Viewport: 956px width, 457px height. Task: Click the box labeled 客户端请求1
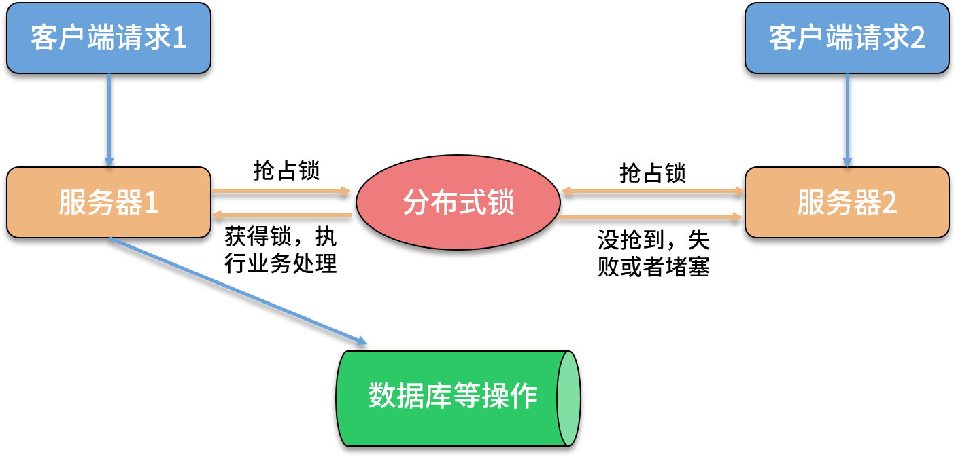tap(108, 38)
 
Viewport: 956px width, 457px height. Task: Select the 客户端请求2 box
tap(847, 38)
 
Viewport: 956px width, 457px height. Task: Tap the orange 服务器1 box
tap(108, 202)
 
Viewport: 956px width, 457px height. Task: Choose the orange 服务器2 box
tap(847, 202)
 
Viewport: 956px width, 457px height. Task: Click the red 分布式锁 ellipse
tap(458, 202)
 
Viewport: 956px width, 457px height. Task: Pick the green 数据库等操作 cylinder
tap(449, 398)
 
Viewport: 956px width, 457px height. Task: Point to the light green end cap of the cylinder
tap(568, 399)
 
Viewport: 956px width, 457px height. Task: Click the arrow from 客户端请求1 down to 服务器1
tap(109, 119)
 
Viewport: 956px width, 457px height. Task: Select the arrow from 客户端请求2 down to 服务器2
tap(847, 119)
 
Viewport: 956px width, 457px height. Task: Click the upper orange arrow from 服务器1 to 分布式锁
tap(281, 191)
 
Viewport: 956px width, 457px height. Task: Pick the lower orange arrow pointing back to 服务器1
tap(281, 215)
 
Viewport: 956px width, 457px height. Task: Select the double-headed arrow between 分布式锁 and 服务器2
tap(653, 191)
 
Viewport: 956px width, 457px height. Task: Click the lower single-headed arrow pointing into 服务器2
tap(651, 217)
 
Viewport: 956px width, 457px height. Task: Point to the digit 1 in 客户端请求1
tap(180, 39)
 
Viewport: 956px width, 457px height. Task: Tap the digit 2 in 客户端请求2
tap(918, 39)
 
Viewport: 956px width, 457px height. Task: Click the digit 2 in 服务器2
tap(889, 203)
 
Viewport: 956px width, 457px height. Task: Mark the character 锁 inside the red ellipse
tap(501, 202)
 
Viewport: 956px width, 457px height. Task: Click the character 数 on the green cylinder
tap(382, 396)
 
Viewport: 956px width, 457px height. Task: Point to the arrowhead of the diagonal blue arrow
tap(362, 342)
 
